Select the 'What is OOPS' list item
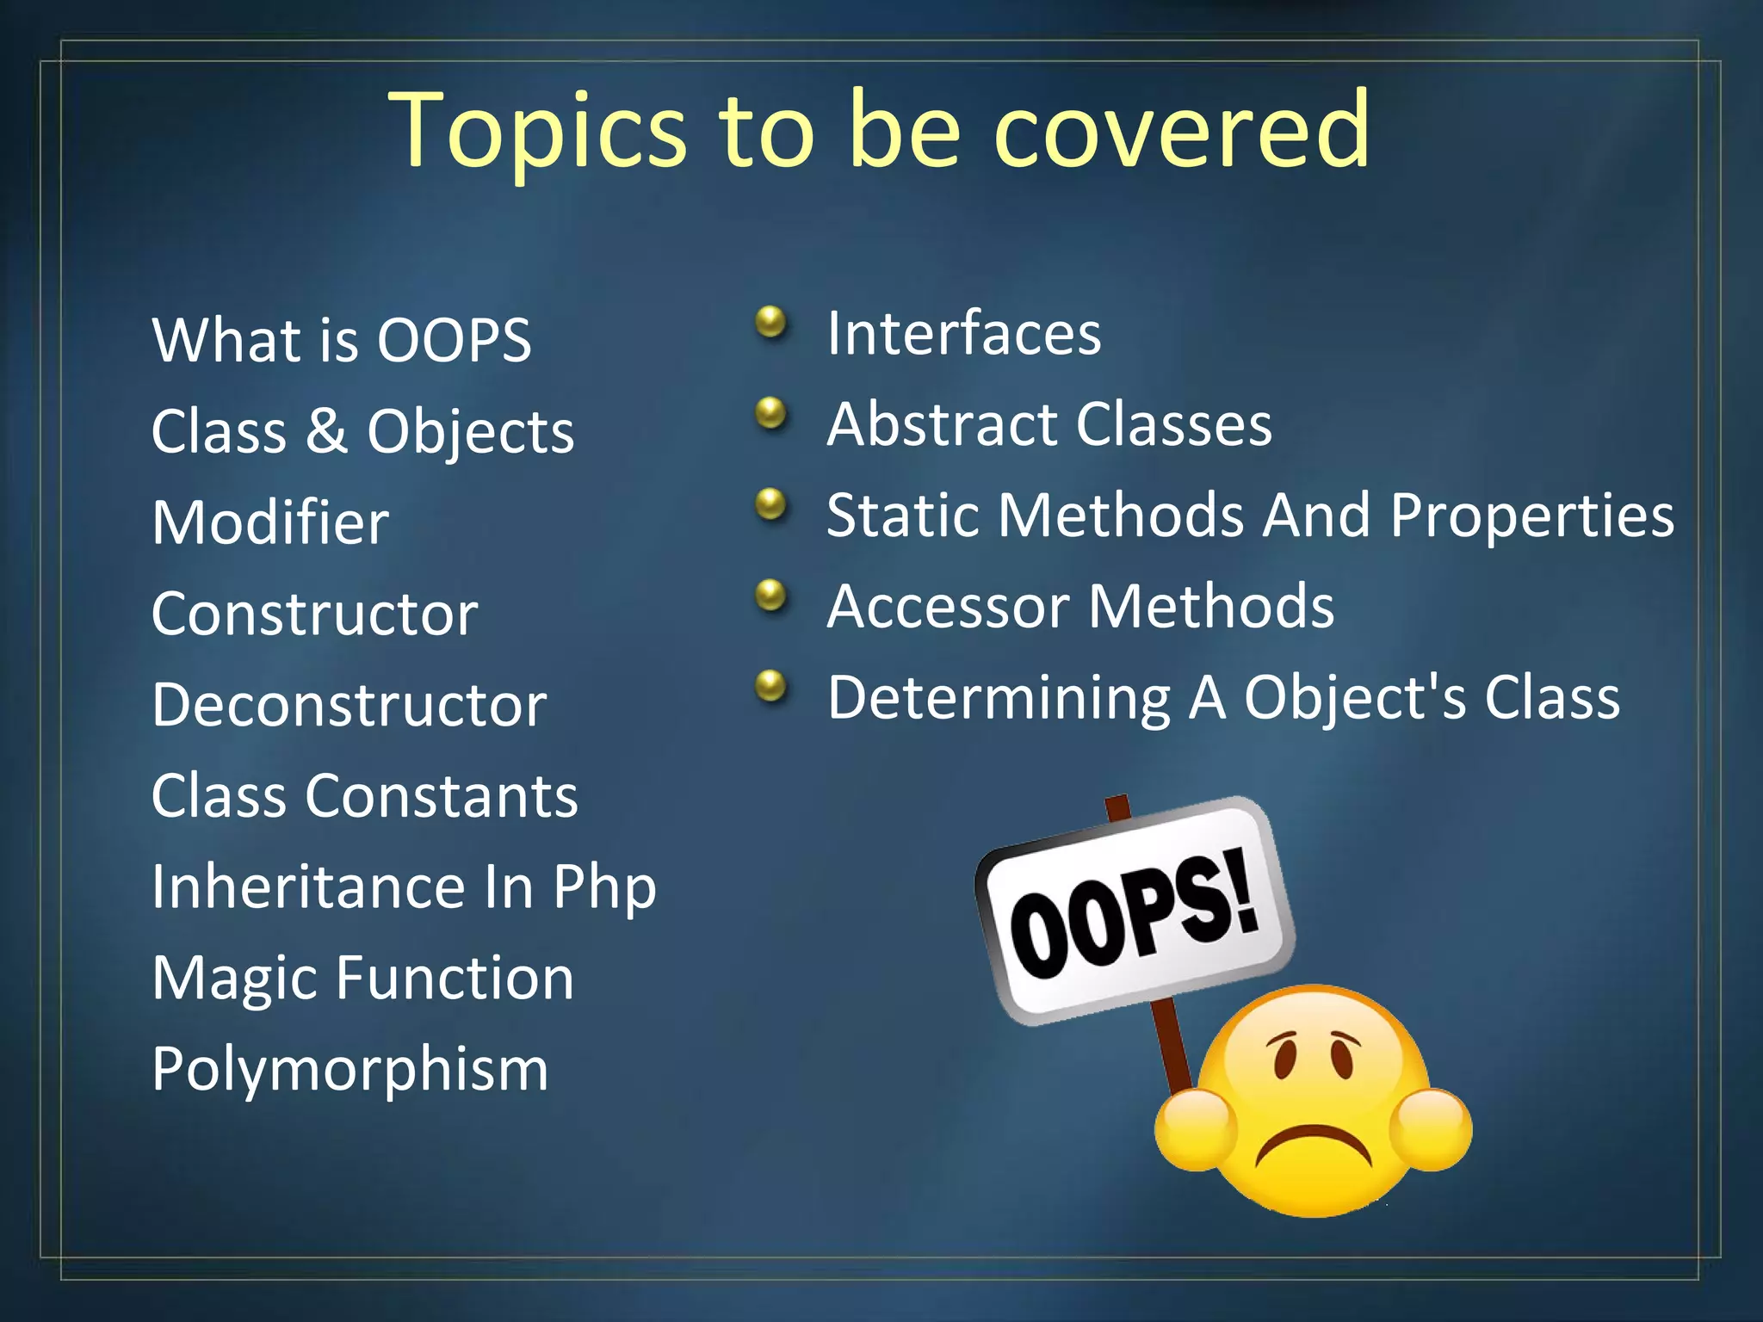[341, 340]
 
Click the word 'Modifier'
[270, 522]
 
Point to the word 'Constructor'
[314, 614]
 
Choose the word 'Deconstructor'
[349, 705]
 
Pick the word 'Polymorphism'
[350, 1070]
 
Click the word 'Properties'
[1532, 516]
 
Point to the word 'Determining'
[999, 697]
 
